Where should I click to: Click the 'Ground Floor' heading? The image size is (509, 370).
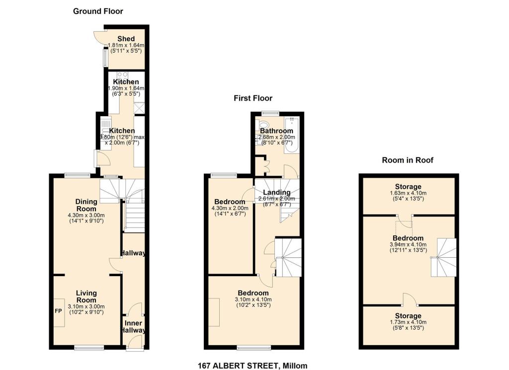(98, 11)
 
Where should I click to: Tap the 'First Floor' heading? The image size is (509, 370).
(253, 98)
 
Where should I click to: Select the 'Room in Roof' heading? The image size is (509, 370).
(408, 160)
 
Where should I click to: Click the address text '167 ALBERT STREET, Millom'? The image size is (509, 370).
(253, 366)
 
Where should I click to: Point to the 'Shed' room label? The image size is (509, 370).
(126, 39)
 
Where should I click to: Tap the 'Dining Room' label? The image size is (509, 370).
(86, 205)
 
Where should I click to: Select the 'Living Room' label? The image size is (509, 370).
(86, 296)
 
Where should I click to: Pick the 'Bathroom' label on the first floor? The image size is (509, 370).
(276, 131)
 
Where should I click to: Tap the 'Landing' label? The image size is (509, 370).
(276, 193)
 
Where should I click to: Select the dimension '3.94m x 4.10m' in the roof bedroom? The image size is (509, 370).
(408, 244)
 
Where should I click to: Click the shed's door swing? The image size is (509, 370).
(99, 37)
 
